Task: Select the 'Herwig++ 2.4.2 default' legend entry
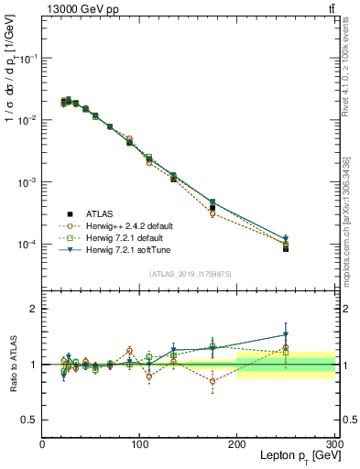[x=118, y=225]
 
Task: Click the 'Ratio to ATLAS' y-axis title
[x=12, y=364]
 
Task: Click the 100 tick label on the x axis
[x=139, y=443]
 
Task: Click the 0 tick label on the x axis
[x=42, y=443]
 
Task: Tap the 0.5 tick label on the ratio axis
[x=28, y=420]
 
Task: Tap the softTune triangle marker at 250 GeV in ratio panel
[x=286, y=334]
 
